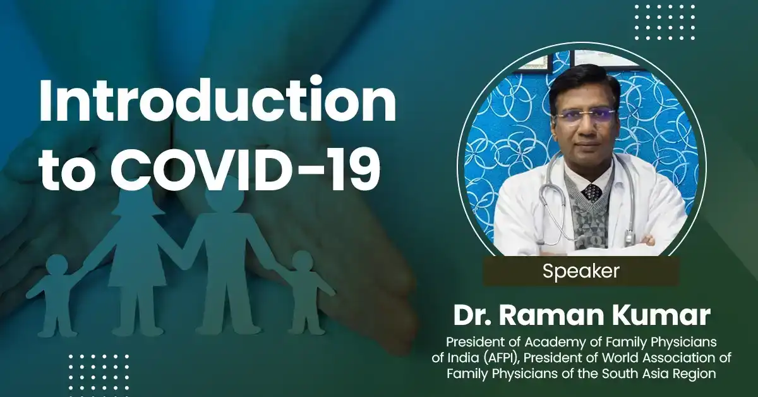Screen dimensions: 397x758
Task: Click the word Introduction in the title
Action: tap(217, 102)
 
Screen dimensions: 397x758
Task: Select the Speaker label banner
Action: tap(581, 271)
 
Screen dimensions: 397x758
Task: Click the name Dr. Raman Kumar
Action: tap(581, 315)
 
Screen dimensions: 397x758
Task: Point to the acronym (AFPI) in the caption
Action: tap(509, 358)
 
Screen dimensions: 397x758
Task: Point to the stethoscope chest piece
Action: tap(629, 238)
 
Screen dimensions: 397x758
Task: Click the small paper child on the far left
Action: tap(56, 291)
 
